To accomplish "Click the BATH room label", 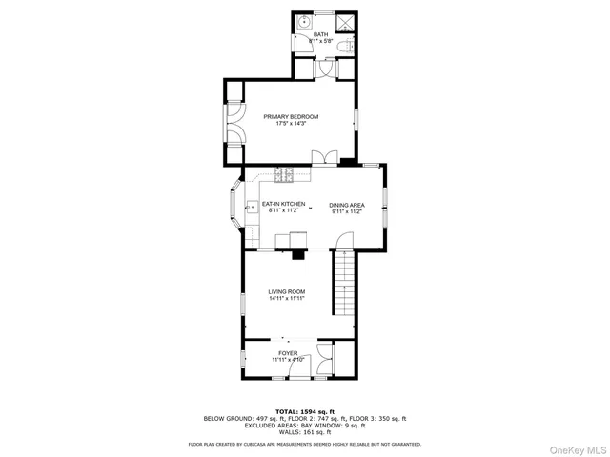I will (320, 34).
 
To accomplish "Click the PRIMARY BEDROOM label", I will (291, 116).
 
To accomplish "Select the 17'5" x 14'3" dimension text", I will (291, 124).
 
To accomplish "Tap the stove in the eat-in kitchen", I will (284, 173).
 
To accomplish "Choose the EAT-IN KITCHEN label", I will (283, 204).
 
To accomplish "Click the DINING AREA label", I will (346, 204).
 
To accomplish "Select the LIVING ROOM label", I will (286, 291).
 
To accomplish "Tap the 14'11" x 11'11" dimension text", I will (286, 299).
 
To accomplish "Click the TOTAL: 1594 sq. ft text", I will (304, 410).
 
